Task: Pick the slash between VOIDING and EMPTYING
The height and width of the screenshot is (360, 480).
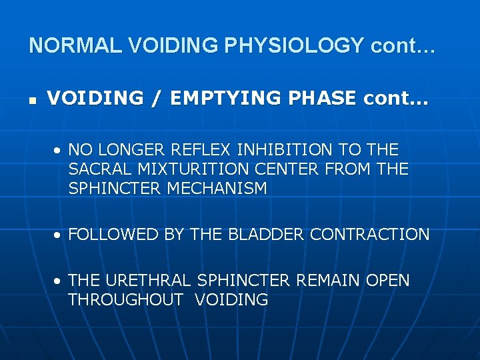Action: pyautogui.click(x=155, y=99)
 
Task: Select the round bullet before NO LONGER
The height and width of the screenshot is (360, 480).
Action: pyautogui.click(x=59, y=150)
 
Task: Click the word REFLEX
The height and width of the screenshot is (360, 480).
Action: pyautogui.click(x=196, y=149)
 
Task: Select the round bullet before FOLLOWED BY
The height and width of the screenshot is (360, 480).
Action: pyautogui.click(x=59, y=235)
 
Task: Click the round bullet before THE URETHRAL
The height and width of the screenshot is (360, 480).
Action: pyautogui.click(x=59, y=281)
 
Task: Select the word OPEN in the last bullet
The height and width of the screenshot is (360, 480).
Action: pyautogui.click(x=388, y=281)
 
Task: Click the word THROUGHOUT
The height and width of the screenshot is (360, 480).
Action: pyautogui.click(x=125, y=300)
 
